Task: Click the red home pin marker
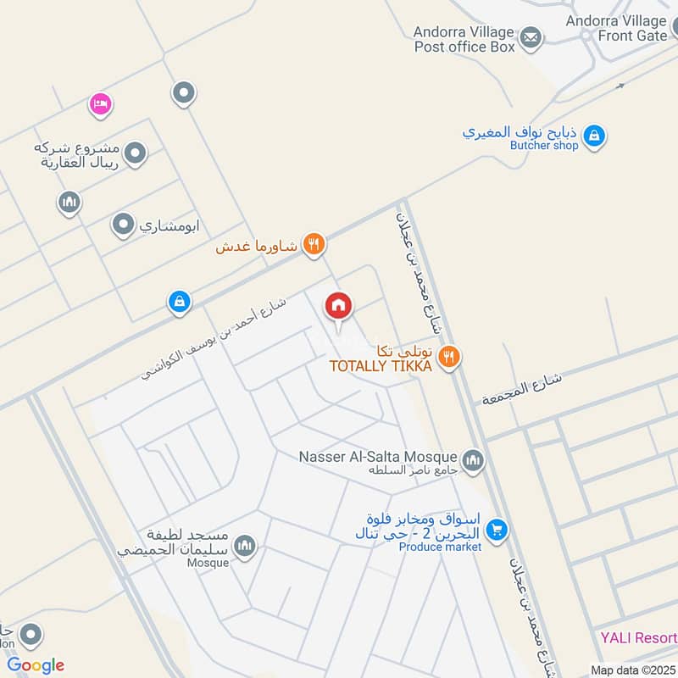click(x=337, y=307)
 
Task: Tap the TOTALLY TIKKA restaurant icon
click(x=450, y=357)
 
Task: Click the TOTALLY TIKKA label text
click(x=381, y=365)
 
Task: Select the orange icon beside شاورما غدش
click(x=314, y=244)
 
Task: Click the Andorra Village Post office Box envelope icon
click(x=531, y=37)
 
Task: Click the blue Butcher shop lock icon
click(x=594, y=136)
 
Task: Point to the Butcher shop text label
click(x=544, y=146)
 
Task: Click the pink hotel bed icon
click(x=101, y=104)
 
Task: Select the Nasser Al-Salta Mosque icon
click(x=473, y=460)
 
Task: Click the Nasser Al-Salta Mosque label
click(x=378, y=457)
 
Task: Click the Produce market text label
click(x=440, y=547)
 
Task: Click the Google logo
click(x=36, y=665)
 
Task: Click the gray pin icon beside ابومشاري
click(x=124, y=225)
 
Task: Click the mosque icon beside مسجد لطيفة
click(x=246, y=546)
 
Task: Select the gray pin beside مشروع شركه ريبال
click(x=135, y=153)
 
